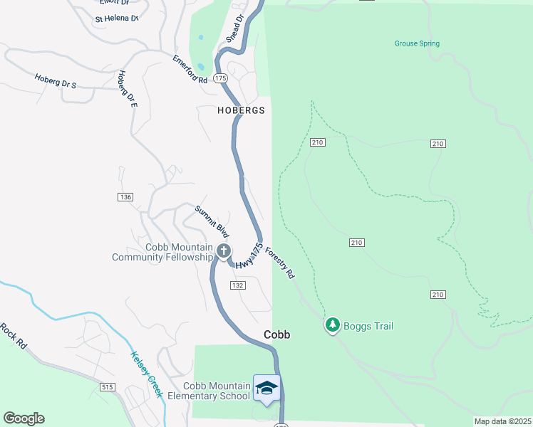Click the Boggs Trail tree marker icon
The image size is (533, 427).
(x=332, y=326)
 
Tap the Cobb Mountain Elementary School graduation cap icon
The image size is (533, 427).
(x=266, y=388)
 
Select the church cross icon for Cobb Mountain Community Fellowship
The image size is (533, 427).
(x=224, y=251)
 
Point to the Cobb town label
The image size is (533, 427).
(x=277, y=334)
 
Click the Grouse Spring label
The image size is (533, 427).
(x=417, y=43)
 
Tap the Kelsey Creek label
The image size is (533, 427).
(x=147, y=374)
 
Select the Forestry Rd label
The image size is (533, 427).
(x=279, y=262)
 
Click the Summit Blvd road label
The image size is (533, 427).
(x=212, y=221)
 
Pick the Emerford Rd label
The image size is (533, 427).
(x=190, y=69)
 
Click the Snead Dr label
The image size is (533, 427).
(x=236, y=28)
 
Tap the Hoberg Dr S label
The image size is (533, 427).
(x=55, y=80)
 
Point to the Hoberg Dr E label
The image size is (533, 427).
(x=127, y=88)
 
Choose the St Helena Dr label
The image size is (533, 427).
(x=116, y=19)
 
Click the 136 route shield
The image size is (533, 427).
(x=126, y=196)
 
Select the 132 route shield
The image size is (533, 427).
(x=238, y=285)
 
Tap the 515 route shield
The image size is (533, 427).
(x=108, y=387)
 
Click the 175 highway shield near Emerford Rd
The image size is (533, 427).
(x=220, y=78)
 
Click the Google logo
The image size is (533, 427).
(x=24, y=418)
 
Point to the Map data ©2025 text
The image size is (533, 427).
(x=502, y=421)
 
